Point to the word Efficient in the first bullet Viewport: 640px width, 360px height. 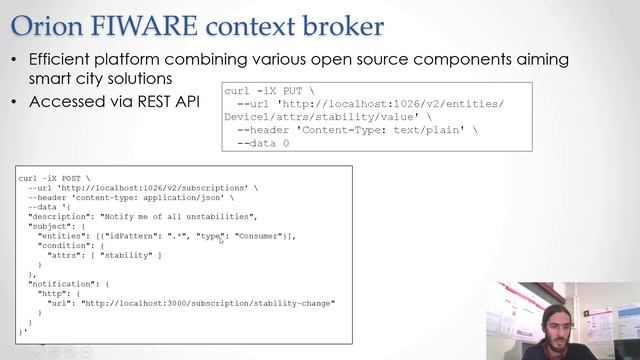pos(65,60)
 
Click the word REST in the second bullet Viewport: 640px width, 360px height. pos(153,101)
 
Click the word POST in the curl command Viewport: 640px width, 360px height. pos(71,178)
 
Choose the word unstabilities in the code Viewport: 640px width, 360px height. pos(228,216)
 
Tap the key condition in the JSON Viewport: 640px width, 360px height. pos(65,245)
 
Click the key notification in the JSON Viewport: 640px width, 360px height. pos(60,284)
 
